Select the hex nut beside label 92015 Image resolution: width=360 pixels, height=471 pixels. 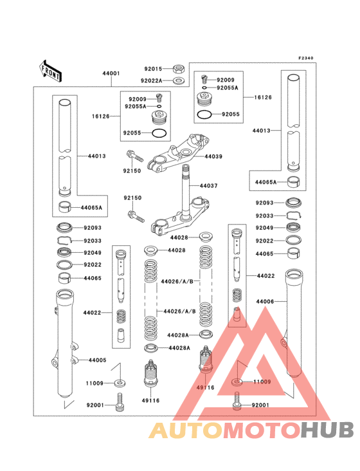179,68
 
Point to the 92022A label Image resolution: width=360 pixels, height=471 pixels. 152,80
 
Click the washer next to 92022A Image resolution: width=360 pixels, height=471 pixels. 179,80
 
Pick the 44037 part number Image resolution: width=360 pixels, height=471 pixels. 209,186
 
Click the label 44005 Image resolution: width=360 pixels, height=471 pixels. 98,360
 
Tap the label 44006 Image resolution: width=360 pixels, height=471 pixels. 265,300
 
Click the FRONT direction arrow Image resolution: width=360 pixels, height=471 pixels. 51,71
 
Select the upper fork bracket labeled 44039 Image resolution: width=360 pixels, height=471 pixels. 175,154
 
